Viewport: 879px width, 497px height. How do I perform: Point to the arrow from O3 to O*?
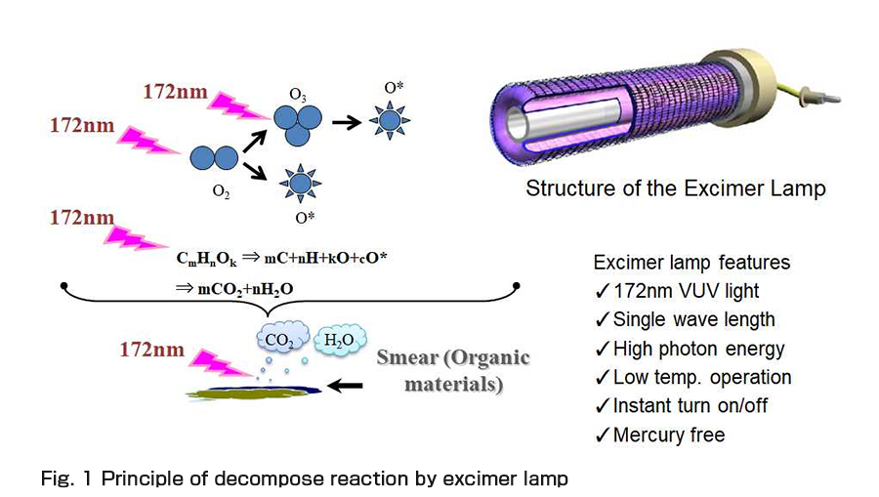click(x=344, y=123)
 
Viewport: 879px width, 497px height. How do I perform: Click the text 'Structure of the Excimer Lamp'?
click(x=675, y=188)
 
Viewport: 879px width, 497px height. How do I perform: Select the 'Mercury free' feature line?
click(x=668, y=435)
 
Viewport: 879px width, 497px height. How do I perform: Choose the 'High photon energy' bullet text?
click(x=698, y=348)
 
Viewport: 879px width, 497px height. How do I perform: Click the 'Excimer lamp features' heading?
click(x=691, y=264)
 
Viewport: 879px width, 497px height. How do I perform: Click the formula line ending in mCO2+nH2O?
click(x=233, y=290)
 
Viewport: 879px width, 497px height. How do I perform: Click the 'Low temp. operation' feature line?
click(x=701, y=377)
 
